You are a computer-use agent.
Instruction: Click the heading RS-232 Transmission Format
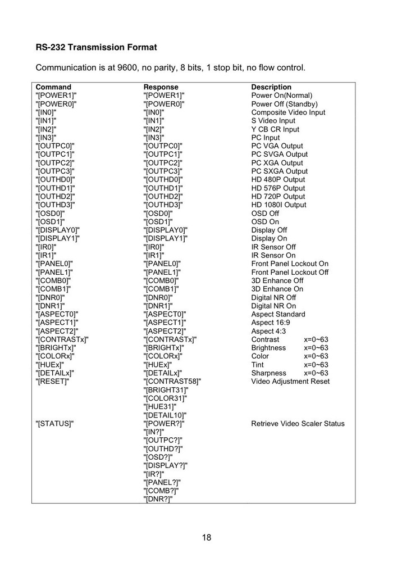pyautogui.click(x=96, y=47)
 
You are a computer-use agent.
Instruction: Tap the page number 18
pyautogui.click(x=207, y=537)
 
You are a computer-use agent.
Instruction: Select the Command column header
pyautogui.click(x=53, y=87)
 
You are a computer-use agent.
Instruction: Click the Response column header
pyautogui.click(x=161, y=87)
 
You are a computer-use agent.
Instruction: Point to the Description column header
pyautogui.click(x=271, y=87)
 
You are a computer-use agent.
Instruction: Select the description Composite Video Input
pyautogui.click(x=288, y=112)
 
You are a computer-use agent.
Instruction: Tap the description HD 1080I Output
pyautogui.click(x=279, y=205)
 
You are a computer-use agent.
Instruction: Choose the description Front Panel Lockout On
pyautogui.click(x=290, y=264)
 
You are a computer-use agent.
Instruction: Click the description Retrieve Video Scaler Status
pyautogui.click(x=298, y=424)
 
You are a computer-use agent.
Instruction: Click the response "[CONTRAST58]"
pyautogui.click(x=172, y=382)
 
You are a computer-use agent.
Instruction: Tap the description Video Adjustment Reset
pyautogui.click(x=290, y=382)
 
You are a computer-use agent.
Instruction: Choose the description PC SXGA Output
pyautogui.click(x=279, y=171)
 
